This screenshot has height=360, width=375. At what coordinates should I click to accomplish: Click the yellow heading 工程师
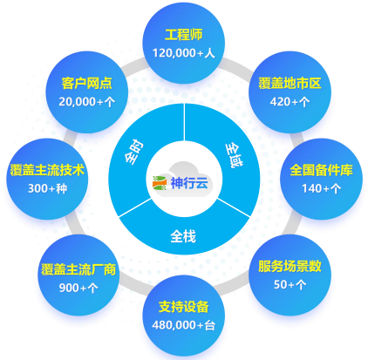coord(184,35)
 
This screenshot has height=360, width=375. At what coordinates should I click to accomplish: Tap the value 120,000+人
coord(184,53)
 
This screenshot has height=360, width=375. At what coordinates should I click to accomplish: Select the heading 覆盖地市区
coord(290,84)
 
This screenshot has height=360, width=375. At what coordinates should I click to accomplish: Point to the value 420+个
coord(290,102)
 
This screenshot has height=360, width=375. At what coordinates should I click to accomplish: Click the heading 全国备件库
coord(321,170)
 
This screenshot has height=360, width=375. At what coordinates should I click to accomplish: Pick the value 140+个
coord(321,189)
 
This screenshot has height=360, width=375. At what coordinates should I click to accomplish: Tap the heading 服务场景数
coord(290,266)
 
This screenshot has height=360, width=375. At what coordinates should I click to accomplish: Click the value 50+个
coord(290,284)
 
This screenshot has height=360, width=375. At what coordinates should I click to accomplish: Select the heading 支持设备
coord(184,307)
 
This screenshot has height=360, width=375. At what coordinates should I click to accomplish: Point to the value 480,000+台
coord(184,325)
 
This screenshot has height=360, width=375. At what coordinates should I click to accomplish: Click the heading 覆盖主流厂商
coord(78,269)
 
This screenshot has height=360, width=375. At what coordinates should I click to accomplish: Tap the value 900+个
coord(78,288)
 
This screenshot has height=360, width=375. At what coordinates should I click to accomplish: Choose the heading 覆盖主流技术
coord(47,170)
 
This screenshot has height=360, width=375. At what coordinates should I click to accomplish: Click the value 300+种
coord(47,189)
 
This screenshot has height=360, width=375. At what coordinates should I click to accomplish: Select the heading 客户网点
coord(86,84)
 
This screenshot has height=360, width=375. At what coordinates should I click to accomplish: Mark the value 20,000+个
coord(86,102)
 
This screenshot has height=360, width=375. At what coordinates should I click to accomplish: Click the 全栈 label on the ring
coord(183,236)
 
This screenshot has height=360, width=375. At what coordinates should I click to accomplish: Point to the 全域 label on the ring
coord(234,156)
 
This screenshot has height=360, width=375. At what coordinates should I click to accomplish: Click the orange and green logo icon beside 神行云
coord(160,183)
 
